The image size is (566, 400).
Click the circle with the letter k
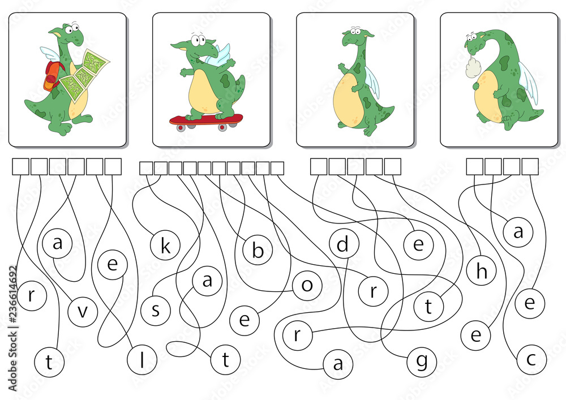pos(165,246)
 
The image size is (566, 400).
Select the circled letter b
pos(258,250)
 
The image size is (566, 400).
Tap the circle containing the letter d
pos(344,244)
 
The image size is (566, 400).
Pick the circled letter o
pos(307,285)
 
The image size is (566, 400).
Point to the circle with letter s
pos(156,310)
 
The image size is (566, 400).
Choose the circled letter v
pos(83,312)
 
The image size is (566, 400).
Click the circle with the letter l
pos(142,360)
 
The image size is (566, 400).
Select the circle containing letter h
pos(481,270)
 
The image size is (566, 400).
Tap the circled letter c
pos(531,359)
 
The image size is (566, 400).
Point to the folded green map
pos(84,76)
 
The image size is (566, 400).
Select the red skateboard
pos(206,122)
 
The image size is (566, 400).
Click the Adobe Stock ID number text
pos(13,328)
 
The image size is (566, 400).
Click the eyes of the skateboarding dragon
pos(197,39)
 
